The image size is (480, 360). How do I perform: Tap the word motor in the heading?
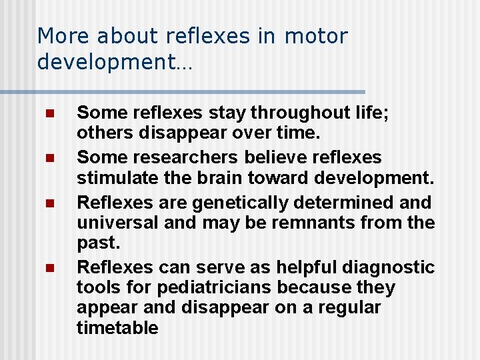317,36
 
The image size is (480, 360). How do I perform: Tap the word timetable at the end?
117,328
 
